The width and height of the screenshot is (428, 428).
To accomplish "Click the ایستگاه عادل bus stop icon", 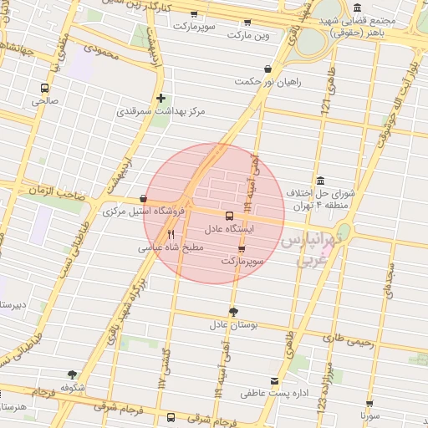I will tap(229, 215).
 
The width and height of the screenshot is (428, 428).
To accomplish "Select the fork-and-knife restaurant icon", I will tap(171, 234).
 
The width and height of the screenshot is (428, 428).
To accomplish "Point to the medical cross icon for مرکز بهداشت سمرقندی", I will tap(161, 98).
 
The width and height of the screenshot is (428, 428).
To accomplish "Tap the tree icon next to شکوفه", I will tap(72, 374).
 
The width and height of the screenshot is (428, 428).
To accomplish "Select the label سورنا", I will tap(370, 415).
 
